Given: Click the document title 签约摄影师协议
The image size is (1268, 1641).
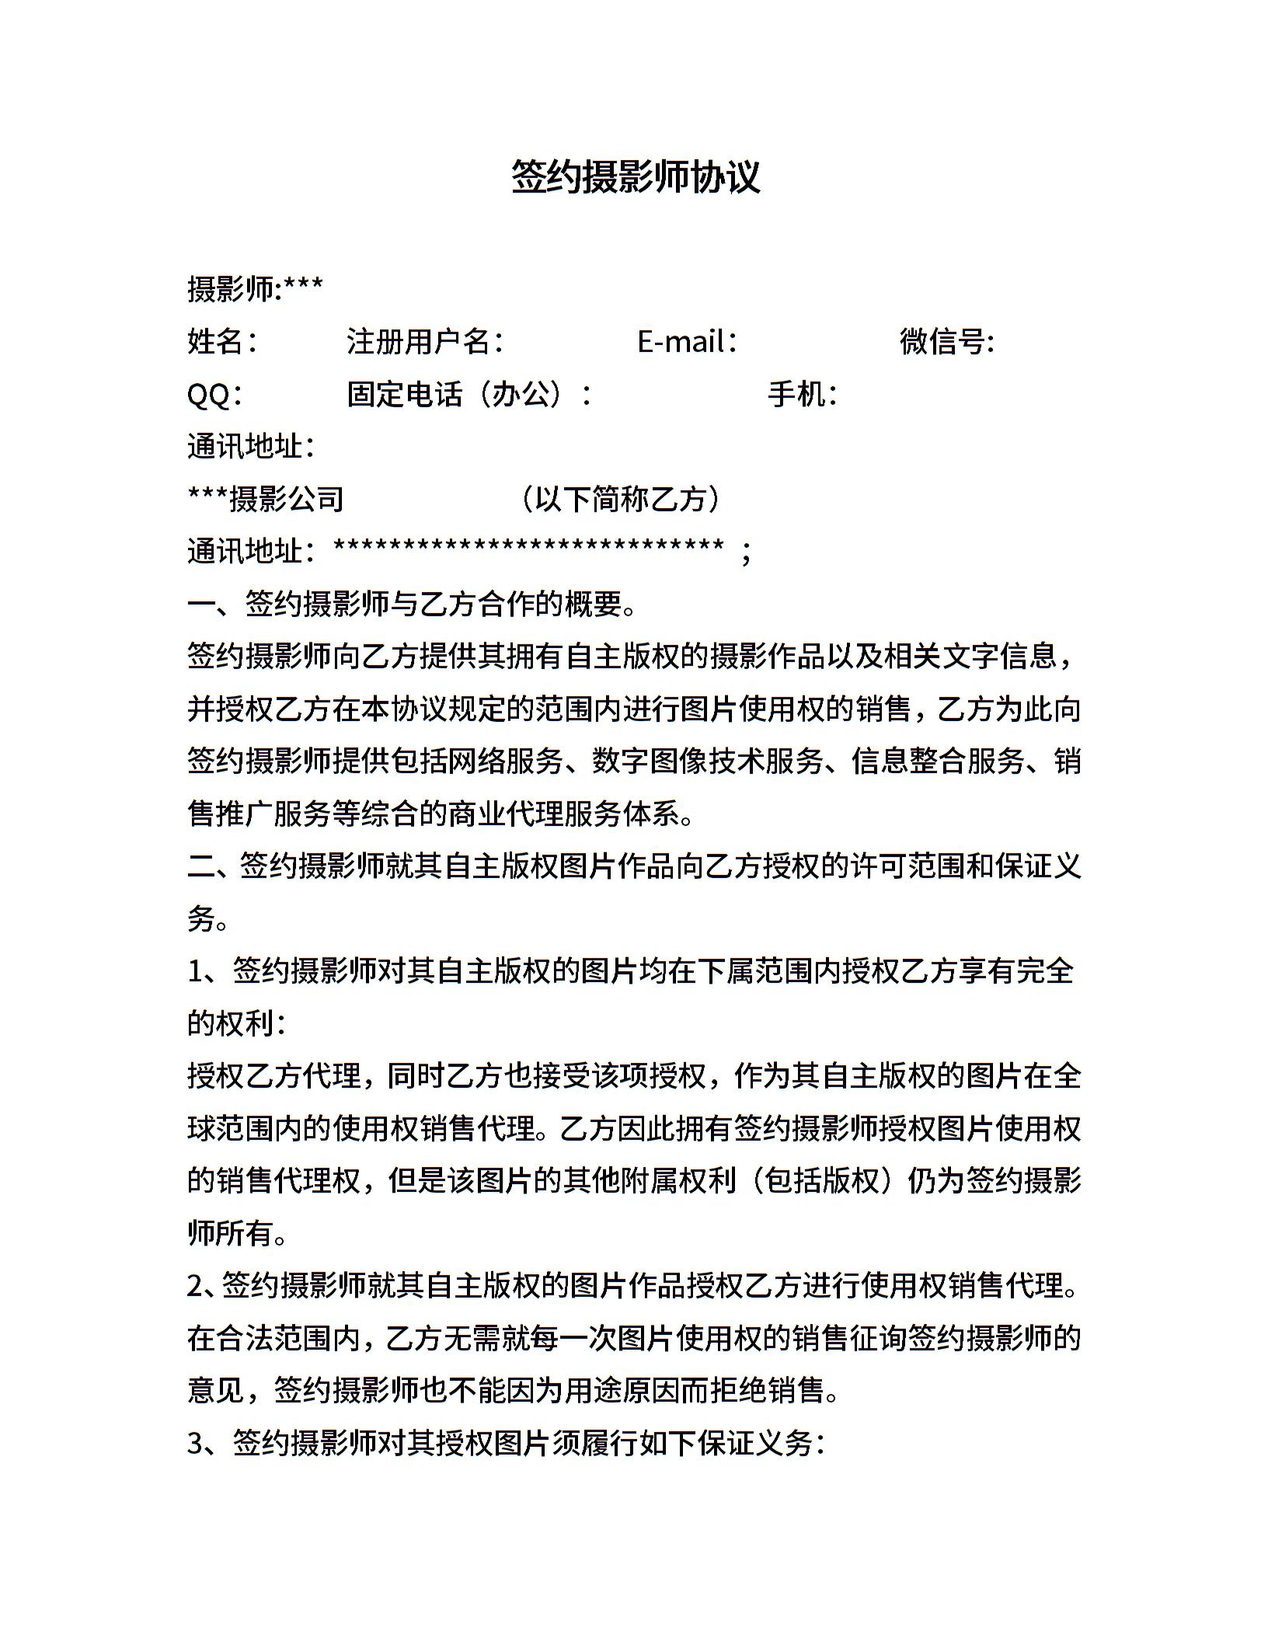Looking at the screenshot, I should click(635, 177).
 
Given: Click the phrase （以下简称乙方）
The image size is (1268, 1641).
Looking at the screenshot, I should click(621, 499).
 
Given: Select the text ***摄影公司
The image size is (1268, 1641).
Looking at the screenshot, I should click(266, 499).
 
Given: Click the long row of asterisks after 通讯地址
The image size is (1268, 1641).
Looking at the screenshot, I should click(528, 548).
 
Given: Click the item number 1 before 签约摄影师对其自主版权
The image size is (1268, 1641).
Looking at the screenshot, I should click(195, 970).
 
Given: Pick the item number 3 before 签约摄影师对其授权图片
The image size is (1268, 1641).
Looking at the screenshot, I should click(195, 1443).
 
